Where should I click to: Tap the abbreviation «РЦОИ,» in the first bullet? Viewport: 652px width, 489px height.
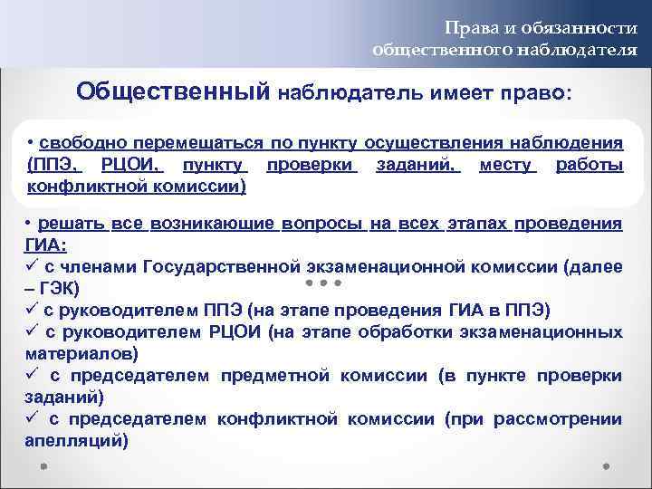click(x=131, y=165)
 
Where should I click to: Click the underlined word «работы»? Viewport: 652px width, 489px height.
click(x=589, y=165)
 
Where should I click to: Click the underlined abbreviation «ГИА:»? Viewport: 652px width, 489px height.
click(x=47, y=244)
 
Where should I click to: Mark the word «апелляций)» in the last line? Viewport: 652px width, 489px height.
click(x=77, y=440)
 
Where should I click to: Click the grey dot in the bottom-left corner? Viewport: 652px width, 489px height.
click(x=43, y=468)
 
